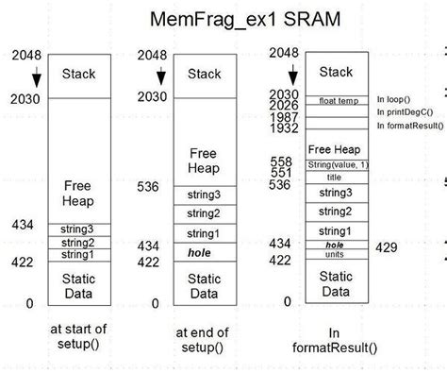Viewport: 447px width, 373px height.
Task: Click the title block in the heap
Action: (336, 176)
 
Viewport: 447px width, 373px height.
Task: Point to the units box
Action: (336, 254)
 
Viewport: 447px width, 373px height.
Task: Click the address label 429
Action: (387, 246)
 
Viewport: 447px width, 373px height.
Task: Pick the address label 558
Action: (281, 162)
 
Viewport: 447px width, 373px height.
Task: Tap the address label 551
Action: (281, 173)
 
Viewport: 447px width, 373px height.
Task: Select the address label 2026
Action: (284, 105)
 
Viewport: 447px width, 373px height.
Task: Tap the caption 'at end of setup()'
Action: (203, 338)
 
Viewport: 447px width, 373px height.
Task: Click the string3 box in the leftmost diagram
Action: (78, 229)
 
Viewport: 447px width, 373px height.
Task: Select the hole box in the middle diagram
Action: (203, 251)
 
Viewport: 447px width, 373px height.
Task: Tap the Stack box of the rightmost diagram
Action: (336, 72)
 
